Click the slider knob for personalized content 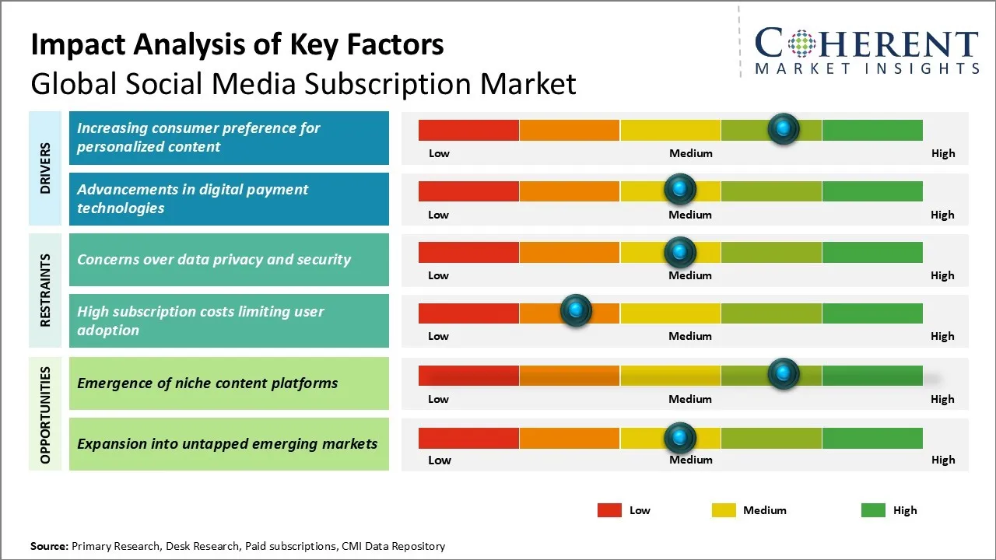pos(784,128)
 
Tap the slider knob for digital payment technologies pos(680,189)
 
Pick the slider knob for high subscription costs pos(576,311)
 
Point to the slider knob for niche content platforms pos(784,374)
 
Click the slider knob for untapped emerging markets pos(680,438)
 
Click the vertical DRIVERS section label pos(46,168)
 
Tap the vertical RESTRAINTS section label pos(46,290)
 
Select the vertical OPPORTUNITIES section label pos(46,415)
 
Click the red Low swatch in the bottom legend pos(609,510)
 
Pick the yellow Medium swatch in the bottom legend pos(724,510)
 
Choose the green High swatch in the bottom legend pos(873,510)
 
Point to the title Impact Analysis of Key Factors pos(237,44)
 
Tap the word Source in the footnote pos(49,546)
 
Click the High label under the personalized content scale pos(943,153)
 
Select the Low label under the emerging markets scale pos(440,460)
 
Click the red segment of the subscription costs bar pos(468,313)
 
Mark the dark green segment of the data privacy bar pos(872,252)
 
